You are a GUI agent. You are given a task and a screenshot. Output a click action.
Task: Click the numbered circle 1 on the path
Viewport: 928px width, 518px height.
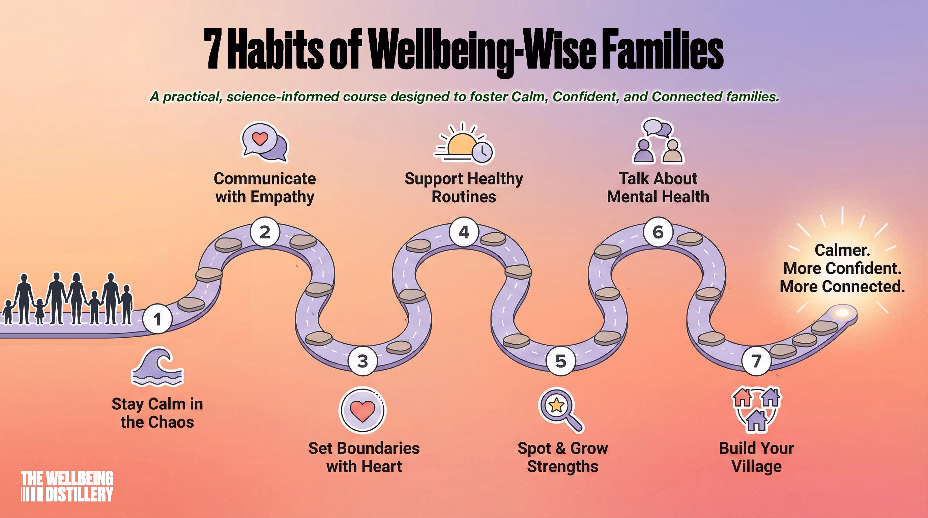157,319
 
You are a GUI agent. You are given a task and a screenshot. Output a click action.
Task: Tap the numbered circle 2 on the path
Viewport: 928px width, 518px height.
265,232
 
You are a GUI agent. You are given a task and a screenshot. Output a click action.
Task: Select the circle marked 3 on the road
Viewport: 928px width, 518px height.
363,361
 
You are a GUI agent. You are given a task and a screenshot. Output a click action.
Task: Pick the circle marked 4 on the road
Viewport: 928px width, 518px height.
464,232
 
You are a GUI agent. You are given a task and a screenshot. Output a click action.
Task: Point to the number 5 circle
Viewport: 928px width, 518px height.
560,361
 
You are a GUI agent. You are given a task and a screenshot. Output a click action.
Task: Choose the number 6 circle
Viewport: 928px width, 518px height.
658,232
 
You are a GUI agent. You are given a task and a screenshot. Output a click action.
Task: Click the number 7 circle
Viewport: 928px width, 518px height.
756,361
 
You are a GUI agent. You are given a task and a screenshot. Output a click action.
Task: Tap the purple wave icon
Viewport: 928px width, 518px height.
157,368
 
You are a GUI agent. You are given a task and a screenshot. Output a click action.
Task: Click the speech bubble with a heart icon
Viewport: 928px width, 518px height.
265,142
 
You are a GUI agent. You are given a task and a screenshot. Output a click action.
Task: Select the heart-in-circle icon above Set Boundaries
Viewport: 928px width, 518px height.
362,410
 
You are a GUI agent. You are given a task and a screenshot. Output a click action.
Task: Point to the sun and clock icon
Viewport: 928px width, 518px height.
464,143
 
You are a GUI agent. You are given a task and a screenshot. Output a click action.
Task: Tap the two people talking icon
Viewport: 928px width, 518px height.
658,141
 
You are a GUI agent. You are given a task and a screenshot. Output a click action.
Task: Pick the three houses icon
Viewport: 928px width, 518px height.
756,409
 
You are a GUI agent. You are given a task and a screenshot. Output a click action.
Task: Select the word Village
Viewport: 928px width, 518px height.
756,466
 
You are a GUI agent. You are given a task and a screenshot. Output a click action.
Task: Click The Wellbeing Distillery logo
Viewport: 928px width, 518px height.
67,486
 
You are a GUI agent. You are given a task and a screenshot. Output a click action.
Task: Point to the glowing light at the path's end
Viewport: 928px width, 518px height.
842,312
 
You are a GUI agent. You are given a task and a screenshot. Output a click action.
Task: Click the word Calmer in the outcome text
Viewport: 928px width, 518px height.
842,250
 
